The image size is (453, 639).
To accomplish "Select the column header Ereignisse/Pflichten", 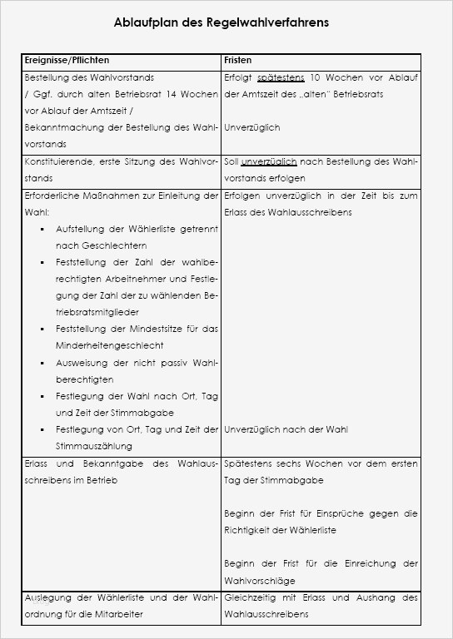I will pyautogui.click(x=67, y=61).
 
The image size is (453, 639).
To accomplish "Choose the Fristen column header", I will pyautogui.click(x=238, y=61).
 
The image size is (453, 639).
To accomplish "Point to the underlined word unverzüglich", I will pyautogui.click(x=268, y=161).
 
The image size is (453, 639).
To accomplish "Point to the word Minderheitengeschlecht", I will pyautogui.click(x=103, y=345).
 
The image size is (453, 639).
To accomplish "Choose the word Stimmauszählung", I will pyautogui.click(x=88, y=446).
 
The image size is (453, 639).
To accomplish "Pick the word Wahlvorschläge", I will pyautogui.click(x=260, y=581).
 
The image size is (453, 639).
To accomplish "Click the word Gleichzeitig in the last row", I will pyautogui.click(x=251, y=597).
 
